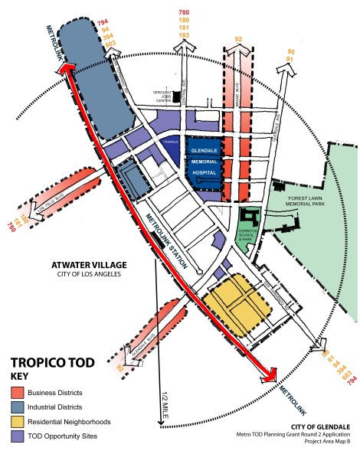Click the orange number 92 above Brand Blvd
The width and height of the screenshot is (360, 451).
click(x=239, y=38)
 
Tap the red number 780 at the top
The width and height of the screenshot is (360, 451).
click(x=184, y=13)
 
